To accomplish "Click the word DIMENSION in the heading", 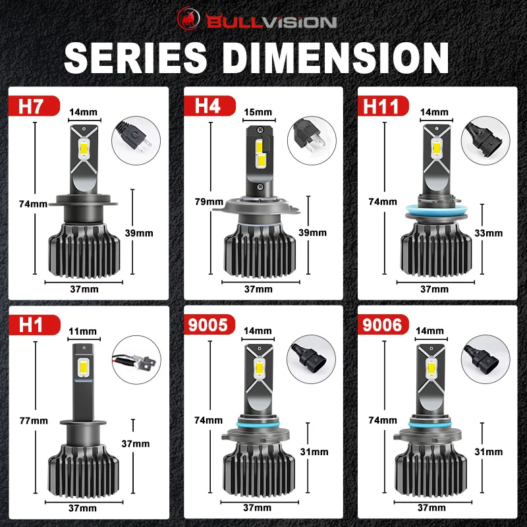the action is (335, 58).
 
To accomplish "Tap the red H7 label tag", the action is (34, 105).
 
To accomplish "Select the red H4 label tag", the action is (209, 105).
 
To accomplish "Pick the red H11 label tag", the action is (383, 105).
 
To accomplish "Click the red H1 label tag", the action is (34, 325).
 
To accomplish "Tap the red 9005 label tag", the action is (209, 325).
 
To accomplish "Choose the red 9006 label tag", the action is (383, 325).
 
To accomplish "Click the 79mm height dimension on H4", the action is (209, 202).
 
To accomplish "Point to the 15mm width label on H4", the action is (258, 112).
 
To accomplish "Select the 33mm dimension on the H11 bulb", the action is (488, 233).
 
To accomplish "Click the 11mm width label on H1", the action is (83, 331).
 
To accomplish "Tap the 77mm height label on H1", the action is (34, 420).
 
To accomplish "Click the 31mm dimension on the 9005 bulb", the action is (314, 452).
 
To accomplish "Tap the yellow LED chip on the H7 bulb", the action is (84, 148).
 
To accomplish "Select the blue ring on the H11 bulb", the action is (436, 211).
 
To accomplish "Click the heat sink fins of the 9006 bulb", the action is (431, 470).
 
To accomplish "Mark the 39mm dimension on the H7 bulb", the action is (139, 233).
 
